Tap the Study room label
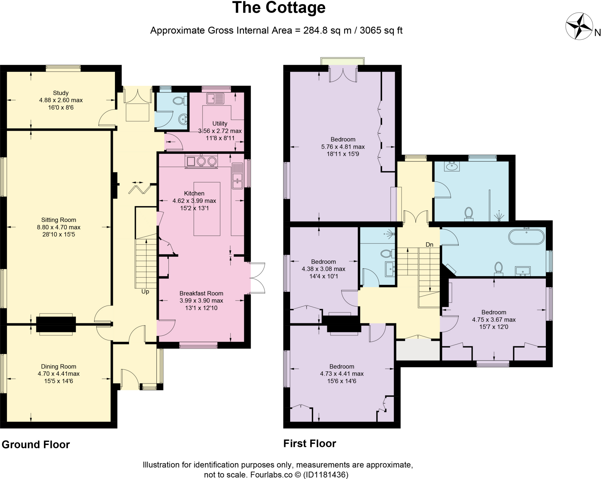pyautogui.click(x=61, y=93)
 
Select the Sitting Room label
pyautogui.click(x=58, y=220)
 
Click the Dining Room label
pyautogui.click(x=58, y=366)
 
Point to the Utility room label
pyautogui.click(x=220, y=123)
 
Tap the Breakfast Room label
pyautogui.click(x=201, y=293)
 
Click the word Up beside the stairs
pyautogui.click(x=145, y=292)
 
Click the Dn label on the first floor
pyautogui.click(x=429, y=245)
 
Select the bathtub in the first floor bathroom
pyautogui.click(x=526, y=237)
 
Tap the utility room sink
pyautogui.click(x=215, y=99)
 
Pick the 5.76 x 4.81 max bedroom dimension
pyautogui.click(x=343, y=147)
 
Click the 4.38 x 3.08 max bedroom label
pyautogui.click(x=323, y=269)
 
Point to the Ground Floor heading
pyautogui.click(x=36, y=445)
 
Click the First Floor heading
pyautogui.click(x=310, y=443)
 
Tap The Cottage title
pyautogui.click(x=279, y=8)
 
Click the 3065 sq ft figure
pyautogui.click(x=381, y=31)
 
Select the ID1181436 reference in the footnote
pyautogui.click(x=326, y=475)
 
